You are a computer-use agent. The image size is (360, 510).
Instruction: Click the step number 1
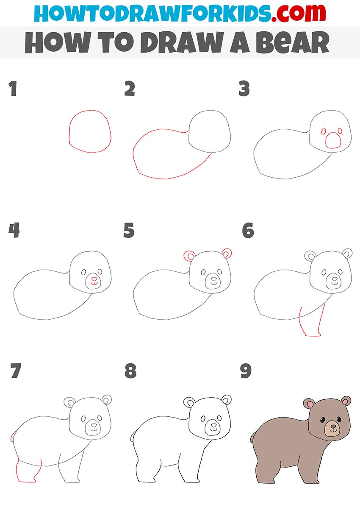13,89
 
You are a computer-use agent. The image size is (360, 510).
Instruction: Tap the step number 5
129,230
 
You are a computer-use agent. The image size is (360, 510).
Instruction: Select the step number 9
246,371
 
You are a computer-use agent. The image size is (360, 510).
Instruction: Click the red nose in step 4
94,279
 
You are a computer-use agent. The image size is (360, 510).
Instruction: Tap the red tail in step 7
12,436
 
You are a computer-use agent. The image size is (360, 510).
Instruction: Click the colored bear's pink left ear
310,404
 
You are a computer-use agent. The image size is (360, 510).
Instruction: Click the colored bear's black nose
333,426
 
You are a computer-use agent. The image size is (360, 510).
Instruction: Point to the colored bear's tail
252,437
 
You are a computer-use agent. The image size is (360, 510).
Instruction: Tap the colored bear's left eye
323,420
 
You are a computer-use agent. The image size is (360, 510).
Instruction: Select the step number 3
244,89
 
